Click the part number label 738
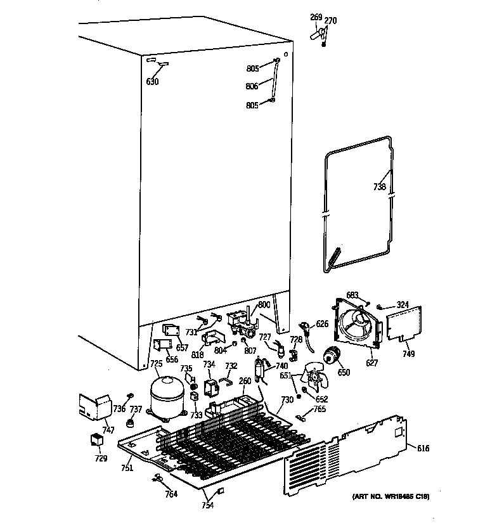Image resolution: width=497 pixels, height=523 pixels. pos(378,188)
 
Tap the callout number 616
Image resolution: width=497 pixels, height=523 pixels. pos(423,449)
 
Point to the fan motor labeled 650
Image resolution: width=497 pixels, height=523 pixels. pos(332,359)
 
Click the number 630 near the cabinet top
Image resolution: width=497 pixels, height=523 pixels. pos(153,82)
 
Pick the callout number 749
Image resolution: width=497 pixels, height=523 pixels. pos(408,354)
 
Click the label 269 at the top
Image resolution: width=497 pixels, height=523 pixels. pos(316,17)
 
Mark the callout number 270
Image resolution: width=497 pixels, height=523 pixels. pos(330,21)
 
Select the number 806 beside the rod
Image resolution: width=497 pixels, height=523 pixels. pos(252,86)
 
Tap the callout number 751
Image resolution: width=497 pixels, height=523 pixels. pos(127,468)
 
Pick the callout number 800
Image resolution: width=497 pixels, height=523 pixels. pos(264,305)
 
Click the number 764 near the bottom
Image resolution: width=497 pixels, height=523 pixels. pos(171,494)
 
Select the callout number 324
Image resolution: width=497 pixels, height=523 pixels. pos(403,306)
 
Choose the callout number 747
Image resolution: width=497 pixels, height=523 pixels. pos(108,430)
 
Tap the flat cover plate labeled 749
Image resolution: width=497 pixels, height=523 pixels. pos(404,326)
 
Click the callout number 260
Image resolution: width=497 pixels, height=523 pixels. pos(244,381)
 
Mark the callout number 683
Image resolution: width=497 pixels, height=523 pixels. pos(352,295)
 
